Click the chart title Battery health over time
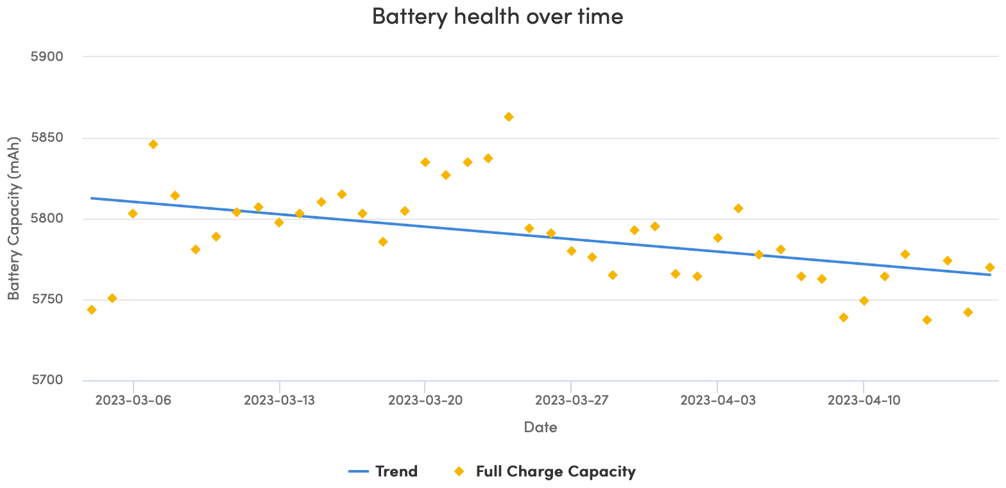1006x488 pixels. (497, 16)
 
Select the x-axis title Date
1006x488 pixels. (540, 427)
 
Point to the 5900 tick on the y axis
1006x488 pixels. (47, 56)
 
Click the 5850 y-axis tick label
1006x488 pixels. (47, 138)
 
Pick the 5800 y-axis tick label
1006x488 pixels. (47, 219)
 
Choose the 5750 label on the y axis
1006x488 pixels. (47, 299)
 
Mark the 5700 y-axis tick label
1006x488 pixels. (47, 380)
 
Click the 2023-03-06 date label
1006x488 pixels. (133, 401)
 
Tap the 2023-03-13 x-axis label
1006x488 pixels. (279, 401)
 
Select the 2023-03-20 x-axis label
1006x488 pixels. (425, 401)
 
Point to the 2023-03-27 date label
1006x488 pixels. (571, 401)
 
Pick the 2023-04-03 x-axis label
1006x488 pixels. (717, 401)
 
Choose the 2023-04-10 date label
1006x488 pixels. (864, 401)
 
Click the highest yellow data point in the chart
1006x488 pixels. (509, 117)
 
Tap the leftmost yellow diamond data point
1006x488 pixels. (92, 310)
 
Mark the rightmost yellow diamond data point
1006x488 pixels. (990, 267)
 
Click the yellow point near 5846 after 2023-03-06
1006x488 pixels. (153, 144)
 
